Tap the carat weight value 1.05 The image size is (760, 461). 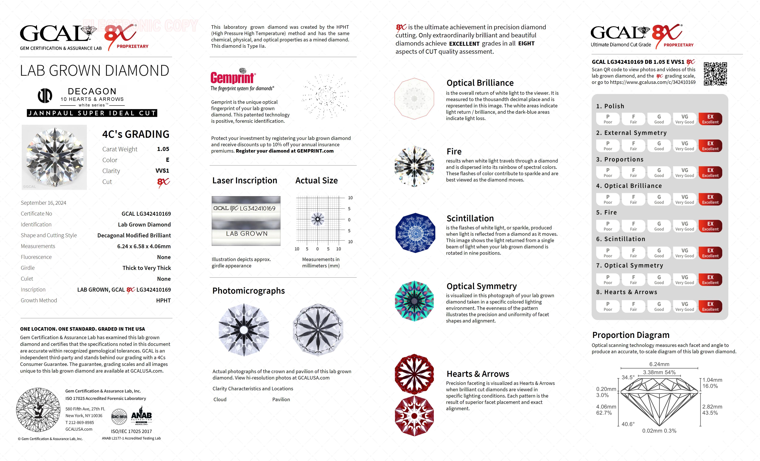point(163,149)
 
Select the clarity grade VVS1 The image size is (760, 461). point(162,171)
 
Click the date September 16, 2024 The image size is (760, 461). point(43,203)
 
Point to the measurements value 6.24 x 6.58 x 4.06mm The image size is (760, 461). point(144,246)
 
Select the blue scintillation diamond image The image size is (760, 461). point(415,233)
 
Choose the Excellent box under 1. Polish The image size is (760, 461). point(710,119)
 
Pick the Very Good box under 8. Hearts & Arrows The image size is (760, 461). point(684,306)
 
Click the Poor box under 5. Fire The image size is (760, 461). point(608,226)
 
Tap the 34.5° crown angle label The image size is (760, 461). point(628,377)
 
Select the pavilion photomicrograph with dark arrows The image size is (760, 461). point(318,330)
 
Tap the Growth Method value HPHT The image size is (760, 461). point(163,300)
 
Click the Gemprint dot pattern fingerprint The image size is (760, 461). point(325,97)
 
